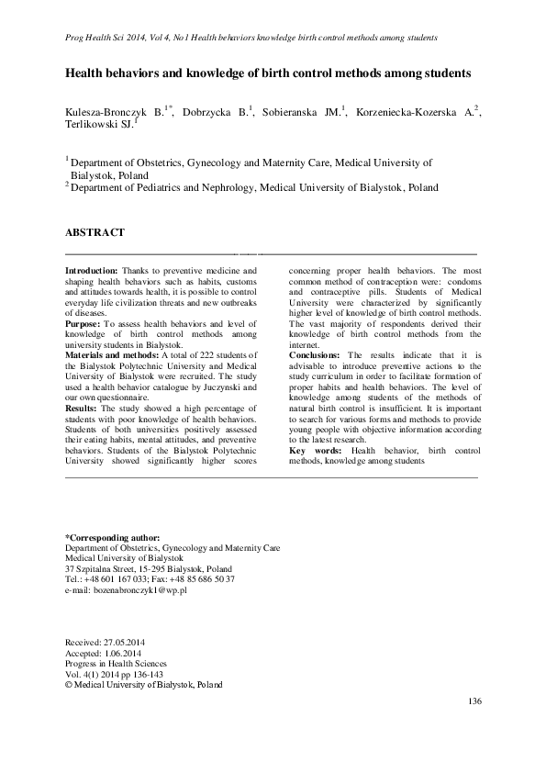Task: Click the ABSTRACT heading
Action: [x=94, y=233]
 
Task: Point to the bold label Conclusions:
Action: [x=316, y=354]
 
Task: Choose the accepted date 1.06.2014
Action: [x=126, y=652]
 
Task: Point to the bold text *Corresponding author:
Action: [x=113, y=536]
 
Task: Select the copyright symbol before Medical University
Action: [x=69, y=685]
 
